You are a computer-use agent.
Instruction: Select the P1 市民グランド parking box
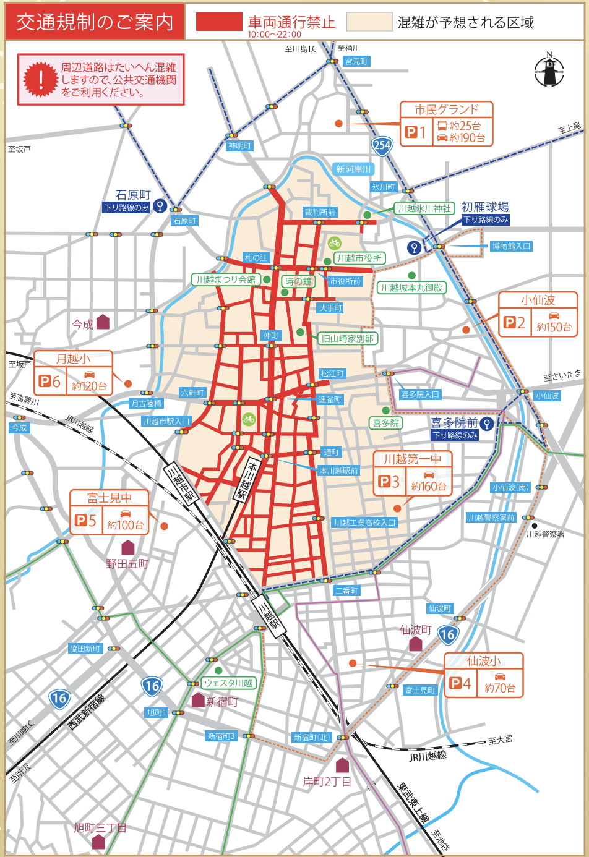446,124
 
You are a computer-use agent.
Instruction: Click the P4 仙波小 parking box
484,675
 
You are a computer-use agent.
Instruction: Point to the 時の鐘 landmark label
298,281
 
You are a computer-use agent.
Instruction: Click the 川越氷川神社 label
424,208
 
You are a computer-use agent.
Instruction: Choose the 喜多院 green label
386,423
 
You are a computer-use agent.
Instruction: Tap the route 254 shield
382,146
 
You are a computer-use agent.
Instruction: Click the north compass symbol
549,69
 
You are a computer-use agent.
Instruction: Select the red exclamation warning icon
41,80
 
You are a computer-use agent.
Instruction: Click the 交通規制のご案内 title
95,22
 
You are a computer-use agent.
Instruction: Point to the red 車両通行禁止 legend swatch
219,22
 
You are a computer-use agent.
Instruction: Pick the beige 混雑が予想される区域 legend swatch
369,22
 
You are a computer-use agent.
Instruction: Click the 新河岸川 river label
353,169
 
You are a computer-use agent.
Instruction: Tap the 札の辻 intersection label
256,258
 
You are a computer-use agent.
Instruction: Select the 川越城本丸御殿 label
411,288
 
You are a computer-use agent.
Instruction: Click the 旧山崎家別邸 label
348,338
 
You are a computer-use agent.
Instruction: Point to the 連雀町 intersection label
330,399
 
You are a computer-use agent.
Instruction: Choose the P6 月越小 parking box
73,372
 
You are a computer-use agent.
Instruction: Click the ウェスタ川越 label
228,683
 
